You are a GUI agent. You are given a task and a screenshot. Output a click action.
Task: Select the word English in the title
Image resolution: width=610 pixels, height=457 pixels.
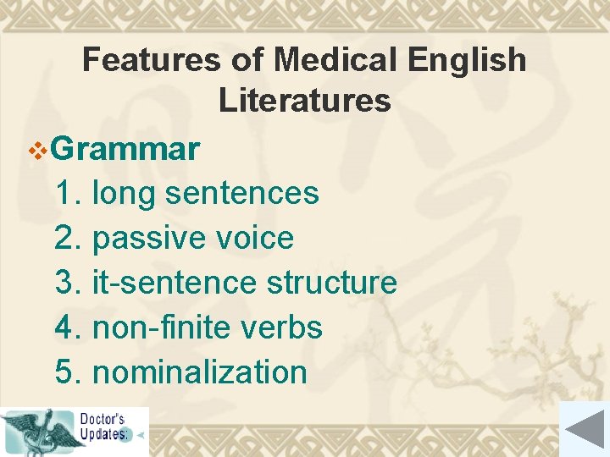tap(467, 60)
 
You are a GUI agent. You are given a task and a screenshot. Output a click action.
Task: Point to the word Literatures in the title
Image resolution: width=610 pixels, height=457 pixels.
tap(304, 101)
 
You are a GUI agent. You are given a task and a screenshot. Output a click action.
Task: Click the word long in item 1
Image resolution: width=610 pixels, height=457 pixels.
tap(124, 193)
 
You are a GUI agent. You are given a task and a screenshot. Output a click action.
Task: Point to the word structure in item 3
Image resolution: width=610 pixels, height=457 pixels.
tap(331, 283)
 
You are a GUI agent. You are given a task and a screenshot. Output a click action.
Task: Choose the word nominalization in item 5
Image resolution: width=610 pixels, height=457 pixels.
tap(199, 372)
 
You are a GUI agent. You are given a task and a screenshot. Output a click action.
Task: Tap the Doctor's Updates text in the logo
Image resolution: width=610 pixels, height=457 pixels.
tap(104, 427)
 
